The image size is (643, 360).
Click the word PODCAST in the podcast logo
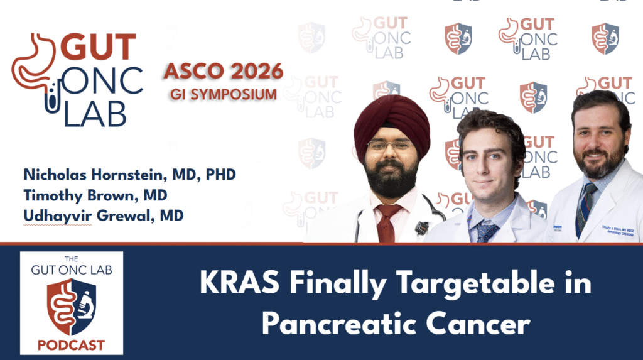[71, 345]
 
